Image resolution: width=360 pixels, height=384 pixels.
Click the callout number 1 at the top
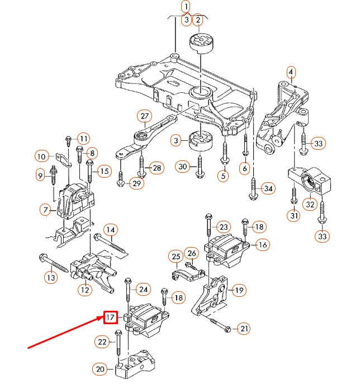coord(185,7)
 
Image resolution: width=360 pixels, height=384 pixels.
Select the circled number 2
coord(197,21)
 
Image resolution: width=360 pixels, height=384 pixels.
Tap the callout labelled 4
coord(291,72)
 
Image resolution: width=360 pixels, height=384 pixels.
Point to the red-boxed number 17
coord(110,317)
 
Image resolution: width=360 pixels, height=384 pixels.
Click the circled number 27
coord(145,117)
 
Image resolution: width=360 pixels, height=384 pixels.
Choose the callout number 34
coord(268,189)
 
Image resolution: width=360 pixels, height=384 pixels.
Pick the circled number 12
coord(84,290)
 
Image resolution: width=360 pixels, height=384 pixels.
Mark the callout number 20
coord(101,369)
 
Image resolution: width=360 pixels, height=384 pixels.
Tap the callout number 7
coord(45,210)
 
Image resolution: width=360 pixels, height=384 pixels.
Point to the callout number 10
coord(42,157)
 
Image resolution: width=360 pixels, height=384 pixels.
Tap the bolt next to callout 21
coord(219,324)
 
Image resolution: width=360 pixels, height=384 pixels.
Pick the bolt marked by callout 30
coord(199,167)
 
